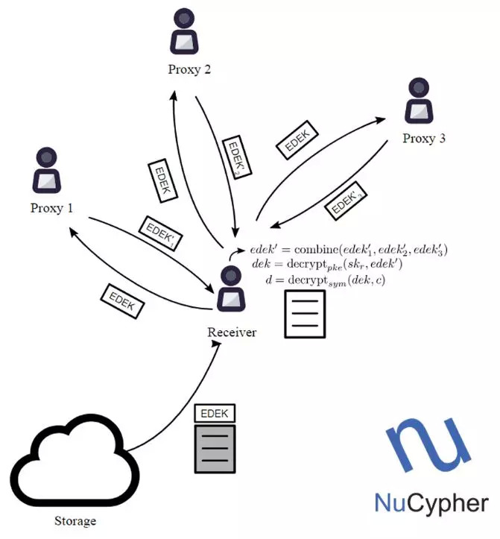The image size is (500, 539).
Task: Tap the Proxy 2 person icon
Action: [x=186, y=32]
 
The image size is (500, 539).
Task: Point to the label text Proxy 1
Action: [x=51, y=208]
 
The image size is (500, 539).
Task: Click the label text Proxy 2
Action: [x=188, y=70]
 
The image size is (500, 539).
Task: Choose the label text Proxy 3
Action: [x=424, y=139]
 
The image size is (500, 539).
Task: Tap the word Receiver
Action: [x=232, y=332]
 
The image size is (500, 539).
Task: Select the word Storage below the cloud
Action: [x=76, y=520]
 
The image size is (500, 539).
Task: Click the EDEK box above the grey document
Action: [x=214, y=413]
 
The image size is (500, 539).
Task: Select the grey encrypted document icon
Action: [x=214, y=449]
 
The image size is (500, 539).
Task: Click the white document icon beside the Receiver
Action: [x=306, y=314]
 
